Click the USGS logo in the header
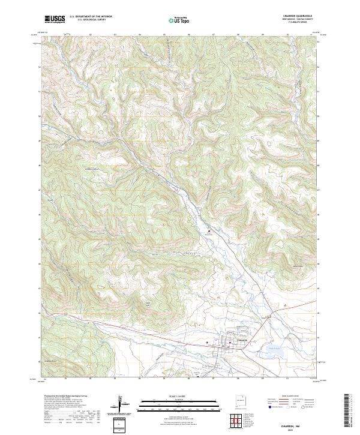point(55,19)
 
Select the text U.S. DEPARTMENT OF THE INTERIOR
point(91,17)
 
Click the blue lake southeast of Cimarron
point(274,352)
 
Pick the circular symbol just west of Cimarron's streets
point(208,343)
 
